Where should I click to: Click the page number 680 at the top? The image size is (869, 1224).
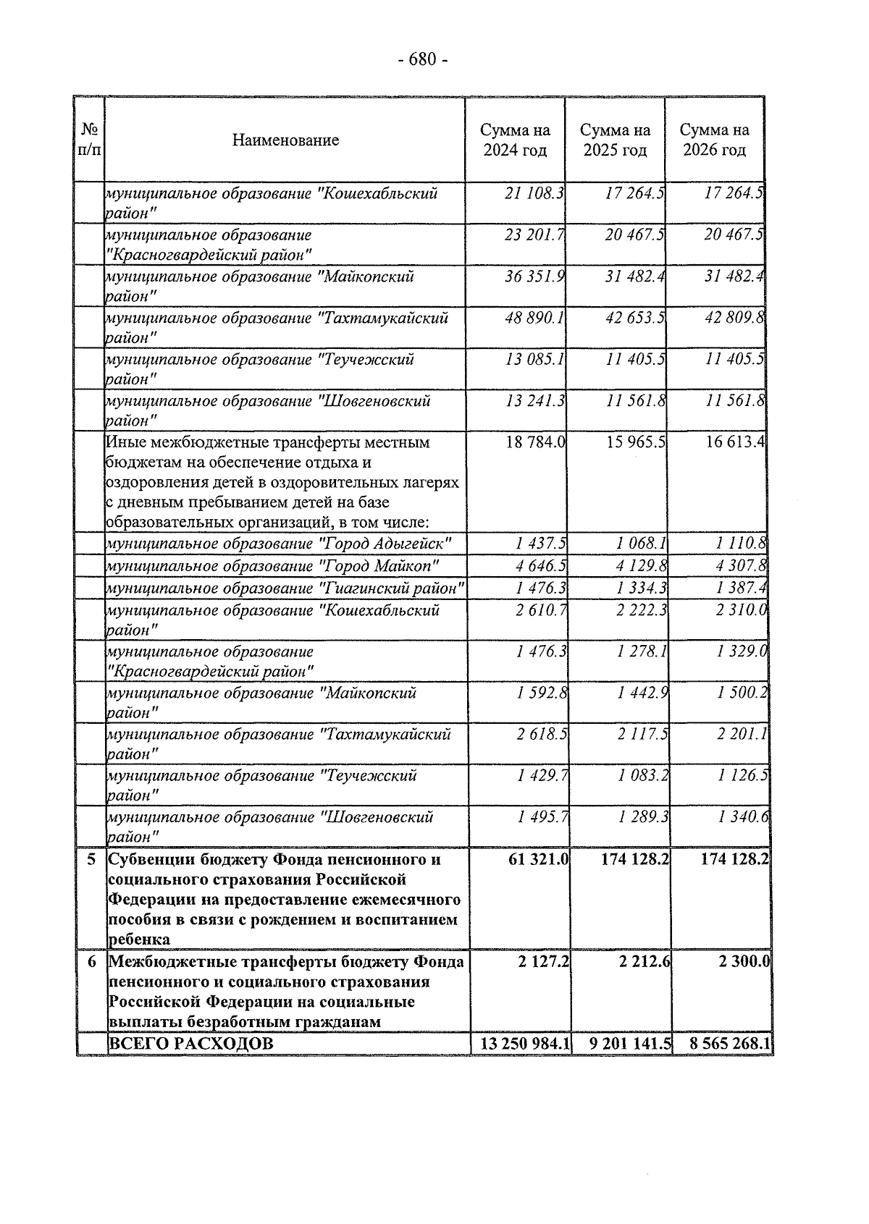coord(424,59)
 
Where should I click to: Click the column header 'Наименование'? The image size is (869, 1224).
coord(285,140)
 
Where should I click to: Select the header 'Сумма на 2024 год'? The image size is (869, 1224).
coord(515,140)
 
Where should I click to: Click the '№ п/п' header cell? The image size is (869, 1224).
coord(90,140)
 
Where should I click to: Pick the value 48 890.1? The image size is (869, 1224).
coord(535,318)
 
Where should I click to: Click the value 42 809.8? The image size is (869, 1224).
coord(735,318)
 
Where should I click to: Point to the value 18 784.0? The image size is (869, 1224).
coord(535,442)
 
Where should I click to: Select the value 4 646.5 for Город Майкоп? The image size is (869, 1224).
coord(542,565)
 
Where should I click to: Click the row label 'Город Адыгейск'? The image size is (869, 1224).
coord(280,544)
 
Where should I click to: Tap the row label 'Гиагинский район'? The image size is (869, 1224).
coord(285,588)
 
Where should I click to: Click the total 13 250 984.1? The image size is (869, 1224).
coord(525,1044)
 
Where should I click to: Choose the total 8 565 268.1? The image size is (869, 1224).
coord(729,1044)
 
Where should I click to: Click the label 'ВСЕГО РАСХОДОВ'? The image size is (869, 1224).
coord(191,1044)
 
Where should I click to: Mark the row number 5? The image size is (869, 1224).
coord(91,860)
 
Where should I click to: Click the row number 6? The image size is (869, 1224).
coord(91,963)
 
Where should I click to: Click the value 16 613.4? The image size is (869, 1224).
coord(736,442)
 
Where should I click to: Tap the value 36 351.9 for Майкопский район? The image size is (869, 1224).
coord(535,277)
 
